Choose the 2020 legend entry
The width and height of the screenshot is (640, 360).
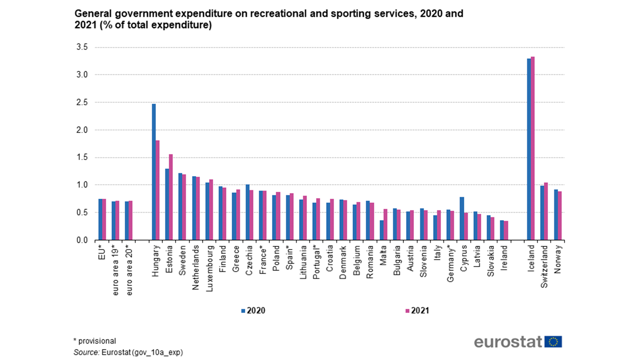point(253,311)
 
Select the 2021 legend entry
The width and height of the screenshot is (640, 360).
point(417,311)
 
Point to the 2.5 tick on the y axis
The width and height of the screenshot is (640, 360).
point(82,102)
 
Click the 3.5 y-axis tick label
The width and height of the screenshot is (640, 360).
point(82,47)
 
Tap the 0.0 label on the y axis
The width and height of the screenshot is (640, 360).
point(82,240)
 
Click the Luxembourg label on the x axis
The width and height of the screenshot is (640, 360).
point(209,268)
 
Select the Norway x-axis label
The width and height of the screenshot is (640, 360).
point(558,259)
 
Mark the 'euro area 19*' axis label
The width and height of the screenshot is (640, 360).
point(115,270)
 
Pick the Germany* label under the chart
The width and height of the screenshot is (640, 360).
point(450,263)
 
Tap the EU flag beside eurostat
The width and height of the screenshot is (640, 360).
point(553,342)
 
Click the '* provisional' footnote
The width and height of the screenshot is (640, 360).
point(95,341)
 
